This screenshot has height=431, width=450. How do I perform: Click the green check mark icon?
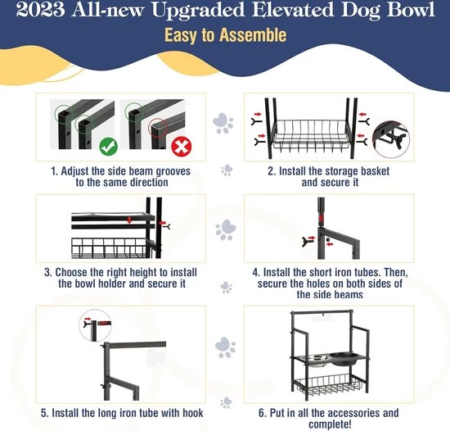click(x=109, y=146)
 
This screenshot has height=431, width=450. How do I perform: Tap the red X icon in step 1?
click(x=182, y=146)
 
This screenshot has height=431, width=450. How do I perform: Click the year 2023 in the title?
click(x=40, y=10)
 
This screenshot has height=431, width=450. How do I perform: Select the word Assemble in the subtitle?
click(x=253, y=35)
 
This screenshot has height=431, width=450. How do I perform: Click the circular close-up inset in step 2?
click(x=391, y=139)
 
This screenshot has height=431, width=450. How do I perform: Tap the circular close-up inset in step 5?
click(x=95, y=325)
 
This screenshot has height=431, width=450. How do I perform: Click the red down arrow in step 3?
click(x=129, y=220)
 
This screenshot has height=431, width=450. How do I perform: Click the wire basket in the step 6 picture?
click(x=330, y=384)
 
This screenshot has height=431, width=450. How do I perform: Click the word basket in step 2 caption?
click(x=371, y=171)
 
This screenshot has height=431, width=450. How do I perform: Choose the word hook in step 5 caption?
click(x=193, y=413)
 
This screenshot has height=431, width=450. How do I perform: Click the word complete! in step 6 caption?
click(x=330, y=424)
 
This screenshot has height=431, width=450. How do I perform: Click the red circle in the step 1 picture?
click(x=158, y=128)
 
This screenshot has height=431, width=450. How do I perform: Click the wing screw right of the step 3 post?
click(x=167, y=227)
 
